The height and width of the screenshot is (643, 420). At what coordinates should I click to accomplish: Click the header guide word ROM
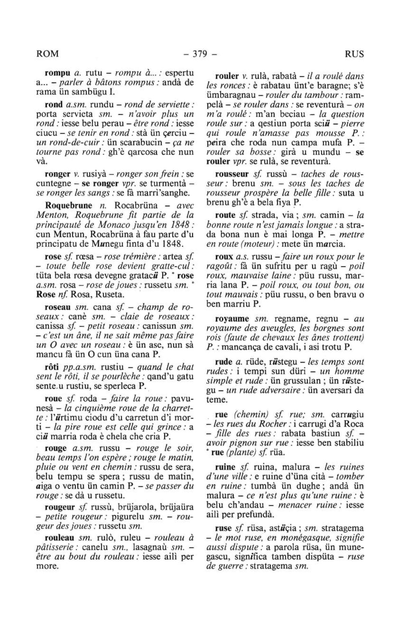click(x=48, y=54)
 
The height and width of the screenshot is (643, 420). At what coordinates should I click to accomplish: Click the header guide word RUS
click(x=354, y=54)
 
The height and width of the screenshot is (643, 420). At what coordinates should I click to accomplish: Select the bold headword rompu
click(x=56, y=73)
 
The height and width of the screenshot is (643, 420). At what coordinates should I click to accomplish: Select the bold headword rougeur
click(x=59, y=507)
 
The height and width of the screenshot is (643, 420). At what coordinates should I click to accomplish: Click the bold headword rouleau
click(x=59, y=537)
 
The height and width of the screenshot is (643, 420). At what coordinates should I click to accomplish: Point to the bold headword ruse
click(x=224, y=528)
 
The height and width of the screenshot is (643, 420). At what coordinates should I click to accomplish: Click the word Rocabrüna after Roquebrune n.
click(x=136, y=205)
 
